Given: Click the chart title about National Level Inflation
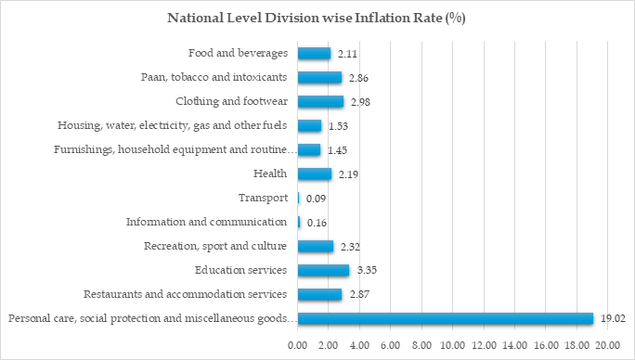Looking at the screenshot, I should pos(316,18).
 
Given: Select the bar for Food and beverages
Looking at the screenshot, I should pos(314,54).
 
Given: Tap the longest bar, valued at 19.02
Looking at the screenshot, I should pos(445,318).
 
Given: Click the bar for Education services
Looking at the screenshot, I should pos(323,270).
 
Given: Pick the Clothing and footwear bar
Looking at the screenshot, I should pos(320,101).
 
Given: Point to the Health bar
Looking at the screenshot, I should pos(315,174).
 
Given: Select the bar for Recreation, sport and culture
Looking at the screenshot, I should pos(316,246).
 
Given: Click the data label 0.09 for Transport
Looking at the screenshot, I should pos(316,199).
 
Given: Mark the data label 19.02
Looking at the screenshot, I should pos(613,318).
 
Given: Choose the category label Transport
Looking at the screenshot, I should pos(263,198).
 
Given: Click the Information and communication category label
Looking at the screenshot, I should pos(206,222).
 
